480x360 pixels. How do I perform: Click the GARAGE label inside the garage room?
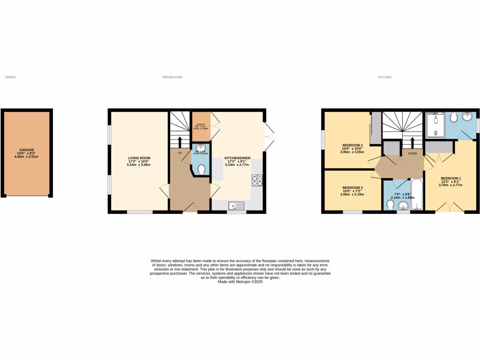tap(26, 150)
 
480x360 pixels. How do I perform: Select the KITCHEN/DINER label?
tap(238, 158)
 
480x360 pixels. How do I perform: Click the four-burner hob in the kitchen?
tap(257, 180)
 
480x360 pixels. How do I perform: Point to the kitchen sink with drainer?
tap(237, 205)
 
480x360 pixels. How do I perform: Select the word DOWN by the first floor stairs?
tap(412, 153)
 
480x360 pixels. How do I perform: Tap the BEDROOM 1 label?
tap(450, 178)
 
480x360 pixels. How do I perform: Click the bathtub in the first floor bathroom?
tap(417, 195)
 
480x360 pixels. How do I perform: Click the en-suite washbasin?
tap(468, 117)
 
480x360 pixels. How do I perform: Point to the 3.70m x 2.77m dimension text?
tap(450, 185)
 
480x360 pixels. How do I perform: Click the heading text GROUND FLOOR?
tap(172, 77)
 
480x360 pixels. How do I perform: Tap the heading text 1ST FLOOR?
tap(384, 77)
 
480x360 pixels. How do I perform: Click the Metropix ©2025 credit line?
tap(240, 282)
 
